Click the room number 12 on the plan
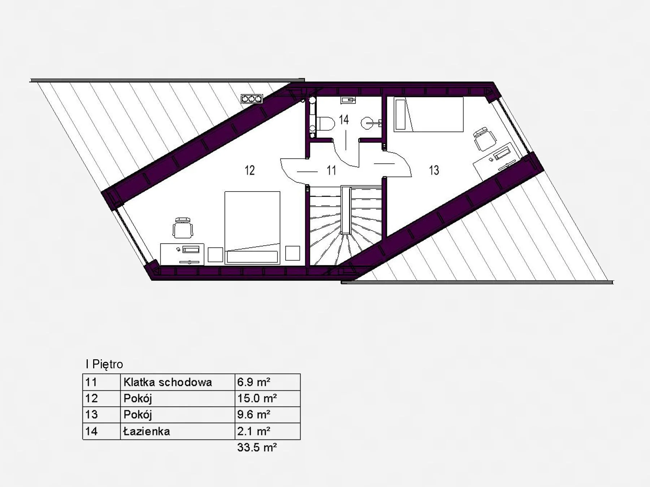tap(250, 170)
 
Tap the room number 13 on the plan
tap(434, 170)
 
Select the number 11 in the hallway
tap(331, 170)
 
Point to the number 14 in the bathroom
tap(344, 119)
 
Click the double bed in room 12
tap(252, 228)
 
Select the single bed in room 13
tap(428, 114)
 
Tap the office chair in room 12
tap(183, 228)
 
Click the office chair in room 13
tap(484, 139)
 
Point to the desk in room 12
tap(182, 254)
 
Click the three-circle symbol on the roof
tap(252, 98)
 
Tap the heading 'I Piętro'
tap(104, 364)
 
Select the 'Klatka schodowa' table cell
tap(168, 382)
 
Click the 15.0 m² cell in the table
tap(257, 398)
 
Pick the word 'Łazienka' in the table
tap(147, 431)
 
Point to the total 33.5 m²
tap(257, 447)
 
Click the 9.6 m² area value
tap(254, 414)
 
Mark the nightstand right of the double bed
tap(292, 253)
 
